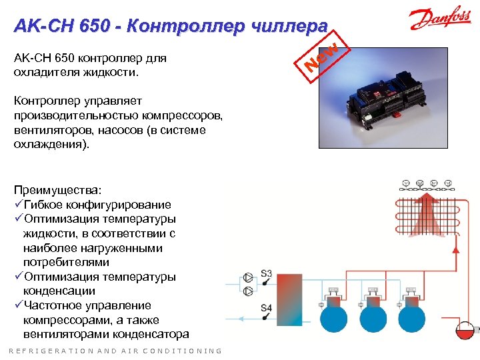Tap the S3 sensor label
[267, 274]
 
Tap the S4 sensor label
[267, 308]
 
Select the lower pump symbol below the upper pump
[249, 291]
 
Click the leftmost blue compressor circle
[331, 316]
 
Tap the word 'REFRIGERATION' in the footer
[45, 351]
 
